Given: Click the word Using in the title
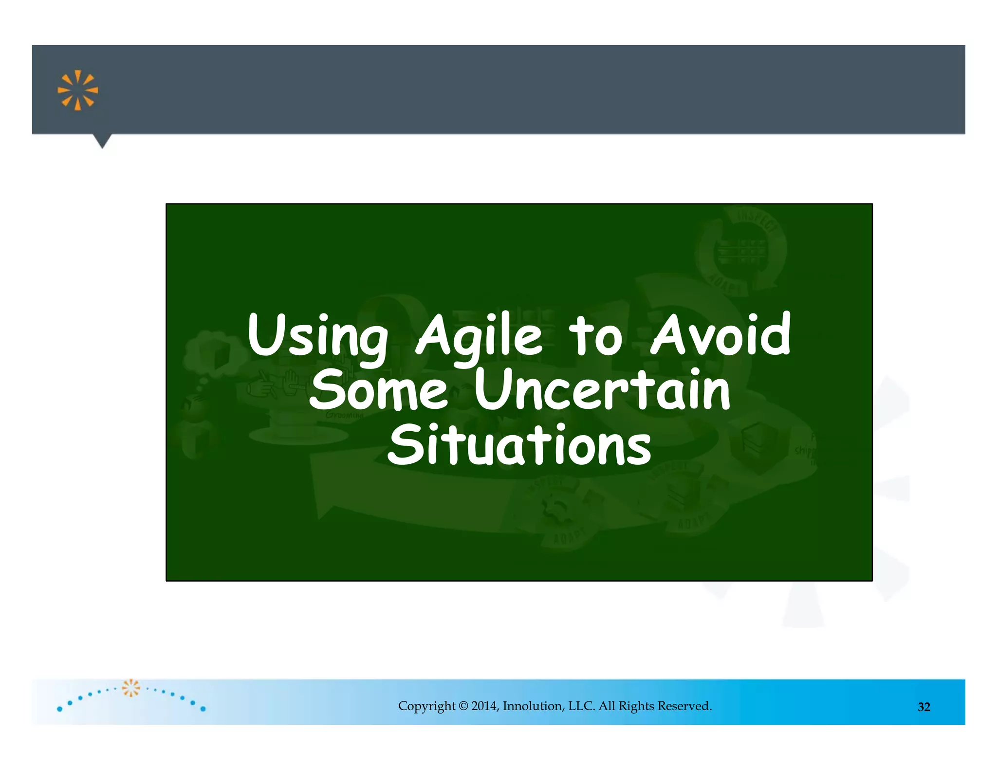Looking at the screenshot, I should click(x=317, y=336).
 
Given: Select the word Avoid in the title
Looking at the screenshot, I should click(x=720, y=335).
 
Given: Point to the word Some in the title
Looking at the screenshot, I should click(x=378, y=389).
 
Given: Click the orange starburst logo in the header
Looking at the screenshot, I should click(x=78, y=91).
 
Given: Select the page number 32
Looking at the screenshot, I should click(x=923, y=707).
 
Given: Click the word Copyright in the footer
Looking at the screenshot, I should click(x=426, y=706).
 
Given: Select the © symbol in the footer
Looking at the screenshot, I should click(x=463, y=706).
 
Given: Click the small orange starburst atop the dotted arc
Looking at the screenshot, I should click(x=131, y=687).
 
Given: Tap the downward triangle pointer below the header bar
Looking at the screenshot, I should click(x=102, y=141).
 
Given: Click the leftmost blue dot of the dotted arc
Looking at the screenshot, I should click(x=59, y=709).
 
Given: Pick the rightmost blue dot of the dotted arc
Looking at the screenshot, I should click(x=203, y=709).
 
